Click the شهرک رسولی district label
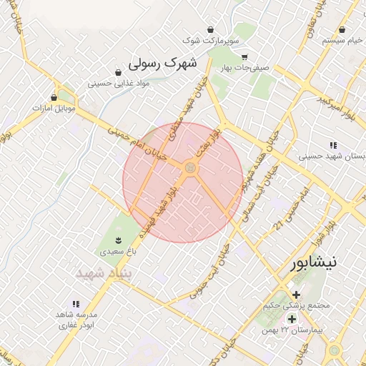tap(162, 64)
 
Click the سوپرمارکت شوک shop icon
tap(210, 29)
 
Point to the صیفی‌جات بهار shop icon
tap(244, 57)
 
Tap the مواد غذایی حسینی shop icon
tap(118, 71)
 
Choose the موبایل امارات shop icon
tap(54, 97)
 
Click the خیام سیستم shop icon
tap(344, 30)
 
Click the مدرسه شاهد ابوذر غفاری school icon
tap(76, 304)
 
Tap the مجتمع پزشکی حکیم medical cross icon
tap(296, 294)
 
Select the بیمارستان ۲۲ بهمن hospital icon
tap(292, 318)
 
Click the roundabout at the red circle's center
tap(190, 168)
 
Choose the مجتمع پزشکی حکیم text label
tap(305, 305)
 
